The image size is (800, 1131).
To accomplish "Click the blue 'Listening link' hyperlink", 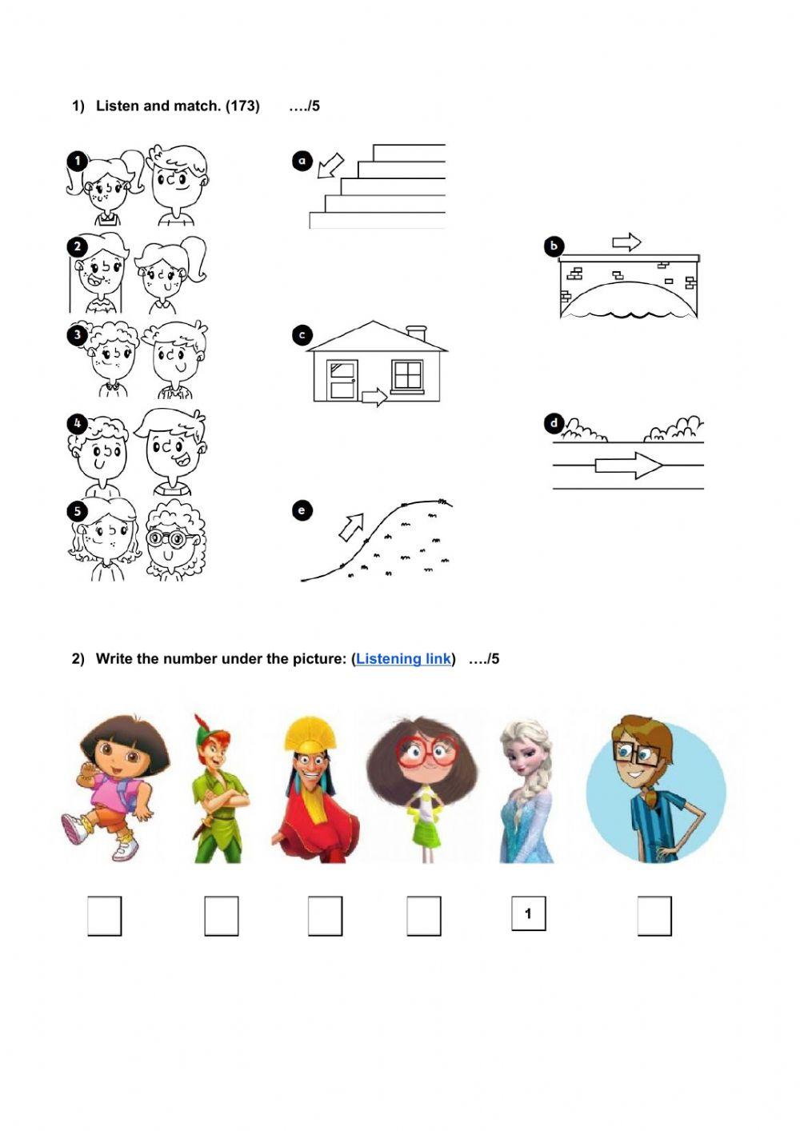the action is (x=403, y=658).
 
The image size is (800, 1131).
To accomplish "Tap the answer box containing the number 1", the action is (x=528, y=913).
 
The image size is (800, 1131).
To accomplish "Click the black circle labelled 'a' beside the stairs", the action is (x=302, y=161).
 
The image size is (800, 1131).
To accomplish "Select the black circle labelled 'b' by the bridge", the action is (x=554, y=246).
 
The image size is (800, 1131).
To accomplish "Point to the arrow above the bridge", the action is (x=626, y=242).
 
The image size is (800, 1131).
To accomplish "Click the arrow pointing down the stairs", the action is (x=330, y=166).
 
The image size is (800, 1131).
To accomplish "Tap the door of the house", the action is (x=342, y=380).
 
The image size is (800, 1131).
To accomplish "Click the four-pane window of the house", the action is (x=407, y=375).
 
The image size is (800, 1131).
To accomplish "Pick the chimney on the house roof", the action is (x=416, y=333).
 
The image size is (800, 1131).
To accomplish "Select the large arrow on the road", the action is (x=628, y=465).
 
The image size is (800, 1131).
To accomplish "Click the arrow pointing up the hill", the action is (x=351, y=527).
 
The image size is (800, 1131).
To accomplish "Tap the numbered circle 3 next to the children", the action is (x=78, y=335).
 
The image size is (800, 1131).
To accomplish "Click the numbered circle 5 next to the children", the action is (x=78, y=511).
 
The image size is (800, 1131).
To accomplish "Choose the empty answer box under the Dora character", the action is (x=105, y=915).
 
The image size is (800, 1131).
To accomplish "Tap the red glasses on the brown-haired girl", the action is (x=427, y=750).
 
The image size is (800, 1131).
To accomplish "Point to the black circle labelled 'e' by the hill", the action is (x=302, y=510).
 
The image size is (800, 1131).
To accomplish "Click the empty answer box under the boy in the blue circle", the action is (x=654, y=915).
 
